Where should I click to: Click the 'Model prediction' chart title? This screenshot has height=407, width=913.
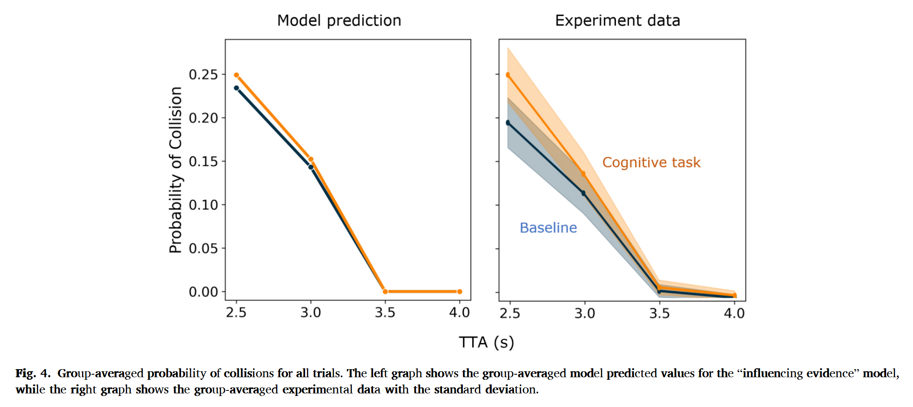click(339, 20)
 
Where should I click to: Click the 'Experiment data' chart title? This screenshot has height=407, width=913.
click(617, 20)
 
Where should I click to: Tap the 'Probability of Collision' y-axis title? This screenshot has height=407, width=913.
click(176, 170)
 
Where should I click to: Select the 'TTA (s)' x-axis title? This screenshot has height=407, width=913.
click(486, 342)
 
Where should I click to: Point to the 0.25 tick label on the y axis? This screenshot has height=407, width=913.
click(203, 74)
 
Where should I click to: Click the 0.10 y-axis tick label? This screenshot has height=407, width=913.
click(203, 205)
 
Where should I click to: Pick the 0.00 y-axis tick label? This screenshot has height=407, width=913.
click(203, 292)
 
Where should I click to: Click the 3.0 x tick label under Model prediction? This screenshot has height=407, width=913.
click(311, 313)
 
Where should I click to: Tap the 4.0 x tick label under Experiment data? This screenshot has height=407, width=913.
click(734, 313)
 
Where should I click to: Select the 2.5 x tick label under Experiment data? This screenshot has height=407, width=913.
click(510, 313)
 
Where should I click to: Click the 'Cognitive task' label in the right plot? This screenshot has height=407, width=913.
click(651, 162)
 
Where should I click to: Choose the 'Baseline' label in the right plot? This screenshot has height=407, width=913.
click(548, 228)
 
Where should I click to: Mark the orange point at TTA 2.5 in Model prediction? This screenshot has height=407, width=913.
click(236, 75)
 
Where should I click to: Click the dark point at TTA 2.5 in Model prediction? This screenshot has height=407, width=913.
click(236, 88)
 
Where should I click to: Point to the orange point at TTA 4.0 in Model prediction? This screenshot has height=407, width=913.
click(459, 291)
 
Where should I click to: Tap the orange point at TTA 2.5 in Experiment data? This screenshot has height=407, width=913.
click(508, 75)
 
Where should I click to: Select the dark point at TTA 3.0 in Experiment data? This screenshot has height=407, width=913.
click(584, 193)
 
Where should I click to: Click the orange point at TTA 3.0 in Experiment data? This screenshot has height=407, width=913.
click(583, 174)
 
